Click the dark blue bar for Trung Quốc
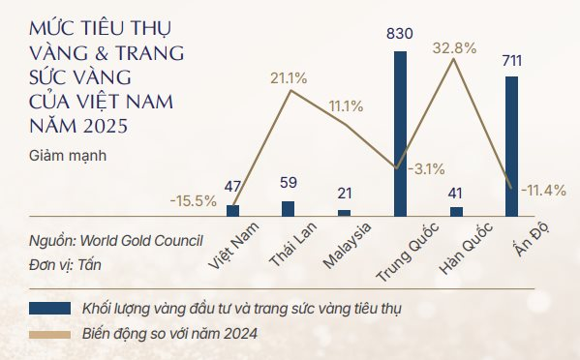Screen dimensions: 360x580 [x=400, y=133]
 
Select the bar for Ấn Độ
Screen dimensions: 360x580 [x=512, y=145]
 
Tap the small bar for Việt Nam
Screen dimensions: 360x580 [x=232, y=209]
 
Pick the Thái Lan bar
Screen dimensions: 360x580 [x=288, y=207]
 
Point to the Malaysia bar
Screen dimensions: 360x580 [x=344, y=211]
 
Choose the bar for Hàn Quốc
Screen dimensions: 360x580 [x=456, y=209]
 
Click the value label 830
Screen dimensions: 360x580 [x=400, y=36]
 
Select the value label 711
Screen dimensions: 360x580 [x=512, y=62]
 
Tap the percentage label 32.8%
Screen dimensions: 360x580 [x=454, y=46]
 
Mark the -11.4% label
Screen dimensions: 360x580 [x=543, y=190]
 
